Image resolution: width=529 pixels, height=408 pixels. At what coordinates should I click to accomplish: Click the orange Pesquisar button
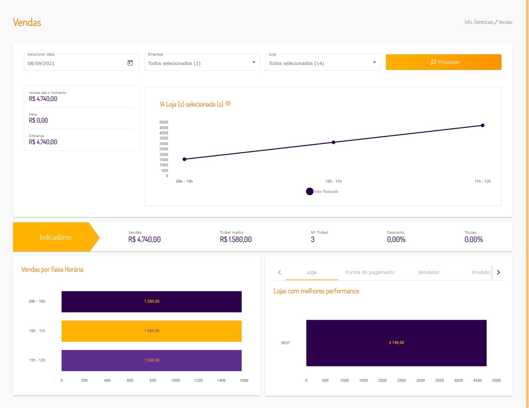pyautogui.click(x=443, y=62)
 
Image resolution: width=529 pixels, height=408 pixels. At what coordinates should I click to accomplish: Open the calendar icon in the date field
pyautogui.click(x=130, y=63)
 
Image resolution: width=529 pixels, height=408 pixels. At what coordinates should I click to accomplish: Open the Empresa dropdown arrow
pyautogui.click(x=254, y=62)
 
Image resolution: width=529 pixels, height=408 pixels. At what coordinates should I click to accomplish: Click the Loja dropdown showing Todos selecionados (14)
pyautogui.click(x=322, y=63)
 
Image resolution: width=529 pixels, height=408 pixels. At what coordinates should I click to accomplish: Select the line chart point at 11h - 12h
pyautogui.click(x=483, y=126)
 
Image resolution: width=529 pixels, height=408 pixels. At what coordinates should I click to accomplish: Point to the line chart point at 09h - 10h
pyautogui.click(x=185, y=159)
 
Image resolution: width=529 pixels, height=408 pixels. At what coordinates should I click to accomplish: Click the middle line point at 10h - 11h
pyautogui.click(x=334, y=142)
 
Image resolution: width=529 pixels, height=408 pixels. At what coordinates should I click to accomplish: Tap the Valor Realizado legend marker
pyautogui.click(x=309, y=192)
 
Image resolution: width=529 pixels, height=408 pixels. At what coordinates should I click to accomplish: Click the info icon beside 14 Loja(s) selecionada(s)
pyautogui.click(x=228, y=104)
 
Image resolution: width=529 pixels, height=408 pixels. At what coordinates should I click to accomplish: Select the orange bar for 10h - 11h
pyautogui.click(x=151, y=331)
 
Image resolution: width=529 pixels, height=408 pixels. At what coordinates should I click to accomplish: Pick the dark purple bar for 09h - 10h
pyautogui.click(x=151, y=301)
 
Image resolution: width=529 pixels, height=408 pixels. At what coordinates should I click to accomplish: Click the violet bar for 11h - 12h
pyautogui.click(x=151, y=360)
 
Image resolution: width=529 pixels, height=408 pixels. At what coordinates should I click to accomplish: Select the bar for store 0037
pyautogui.click(x=396, y=343)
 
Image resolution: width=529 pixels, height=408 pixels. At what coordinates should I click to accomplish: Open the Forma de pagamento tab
pyautogui.click(x=370, y=272)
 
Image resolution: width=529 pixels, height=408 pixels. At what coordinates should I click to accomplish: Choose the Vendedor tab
pyautogui.click(x=429, y=272)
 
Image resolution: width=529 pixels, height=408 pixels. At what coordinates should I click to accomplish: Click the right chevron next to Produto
pyautogui.click(x=498, y=272)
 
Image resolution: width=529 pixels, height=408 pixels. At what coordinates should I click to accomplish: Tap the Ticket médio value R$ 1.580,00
pyautogui.click(x=236, y=240)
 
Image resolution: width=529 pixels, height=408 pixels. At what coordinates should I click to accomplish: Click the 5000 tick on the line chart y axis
pyautogui.click(x=164, y=122)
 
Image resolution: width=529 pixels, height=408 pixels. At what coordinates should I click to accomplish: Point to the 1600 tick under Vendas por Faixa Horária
pyautogui.click(x=244, y=381)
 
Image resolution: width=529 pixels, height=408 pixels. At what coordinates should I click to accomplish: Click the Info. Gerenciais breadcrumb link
pyautogui.click(x=479, y=22)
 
